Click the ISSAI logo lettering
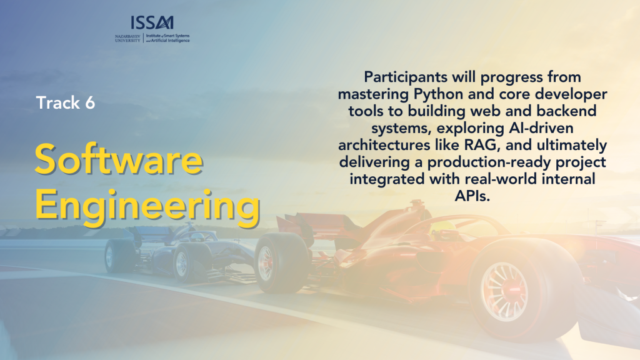pyautogui.click(x=152, y=22)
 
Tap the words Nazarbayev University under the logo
pyautogui.click(x=127, y=38)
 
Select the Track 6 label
pyautogui.click(x=65, y=102)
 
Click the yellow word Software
pyautogui.click(x=119, y=159)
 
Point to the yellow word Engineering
pyautogui.click(x=147, y=207)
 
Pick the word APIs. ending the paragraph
pyautogui.click(x=472, y=196)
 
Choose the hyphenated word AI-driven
pyautogui.click(x=541, y=128)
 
